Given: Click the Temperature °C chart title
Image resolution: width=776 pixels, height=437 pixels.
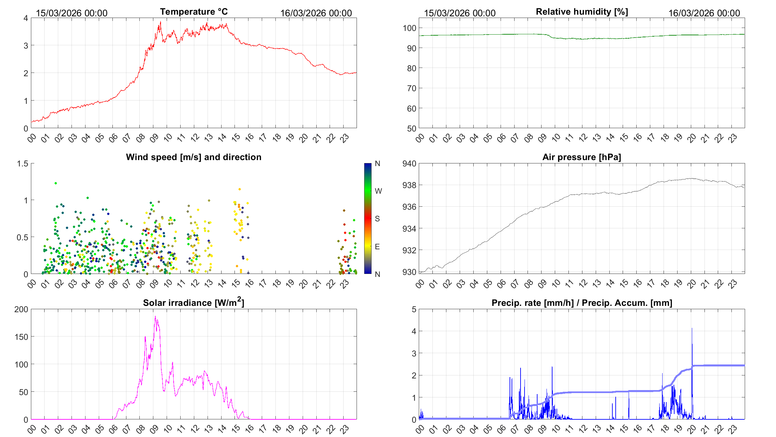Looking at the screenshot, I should (194, 12).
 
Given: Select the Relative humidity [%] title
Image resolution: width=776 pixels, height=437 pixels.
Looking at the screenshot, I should (582, 12).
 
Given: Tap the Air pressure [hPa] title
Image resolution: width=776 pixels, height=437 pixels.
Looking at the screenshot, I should (581, 157).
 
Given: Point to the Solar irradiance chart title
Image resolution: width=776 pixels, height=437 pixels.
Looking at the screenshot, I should (194, 303).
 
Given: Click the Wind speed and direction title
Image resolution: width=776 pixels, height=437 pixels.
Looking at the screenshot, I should (194, 157).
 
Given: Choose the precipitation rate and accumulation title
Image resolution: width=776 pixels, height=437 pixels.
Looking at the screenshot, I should (582, 303).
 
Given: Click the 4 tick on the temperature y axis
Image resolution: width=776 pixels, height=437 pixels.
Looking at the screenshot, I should (26, 18).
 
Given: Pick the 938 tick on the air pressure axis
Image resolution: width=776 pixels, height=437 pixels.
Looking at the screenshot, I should (409, 185).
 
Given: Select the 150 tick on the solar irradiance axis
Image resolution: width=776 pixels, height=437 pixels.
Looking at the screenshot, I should (21, 337).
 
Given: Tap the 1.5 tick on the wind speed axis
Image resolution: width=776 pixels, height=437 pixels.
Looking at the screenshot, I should (23, 163).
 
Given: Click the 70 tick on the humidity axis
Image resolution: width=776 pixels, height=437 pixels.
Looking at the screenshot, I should (411, 88).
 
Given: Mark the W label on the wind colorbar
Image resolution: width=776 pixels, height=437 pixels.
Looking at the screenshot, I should (378, 191).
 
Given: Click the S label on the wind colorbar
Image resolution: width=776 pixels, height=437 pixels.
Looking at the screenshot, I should (377, 219).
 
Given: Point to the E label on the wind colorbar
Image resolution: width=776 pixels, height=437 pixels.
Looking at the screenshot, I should (377, 247).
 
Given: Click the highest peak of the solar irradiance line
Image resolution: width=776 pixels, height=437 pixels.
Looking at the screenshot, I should (155, 317).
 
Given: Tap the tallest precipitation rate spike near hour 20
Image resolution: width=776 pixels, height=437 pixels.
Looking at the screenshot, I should (692, 328).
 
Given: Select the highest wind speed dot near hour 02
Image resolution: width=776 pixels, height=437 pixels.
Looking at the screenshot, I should (56, 183).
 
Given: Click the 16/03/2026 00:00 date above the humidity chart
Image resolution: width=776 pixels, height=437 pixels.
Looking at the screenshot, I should (704, 13).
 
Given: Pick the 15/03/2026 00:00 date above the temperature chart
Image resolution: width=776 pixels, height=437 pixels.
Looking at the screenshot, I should (72, 13).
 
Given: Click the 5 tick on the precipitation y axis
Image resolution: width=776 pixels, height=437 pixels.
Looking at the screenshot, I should (414, 309).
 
